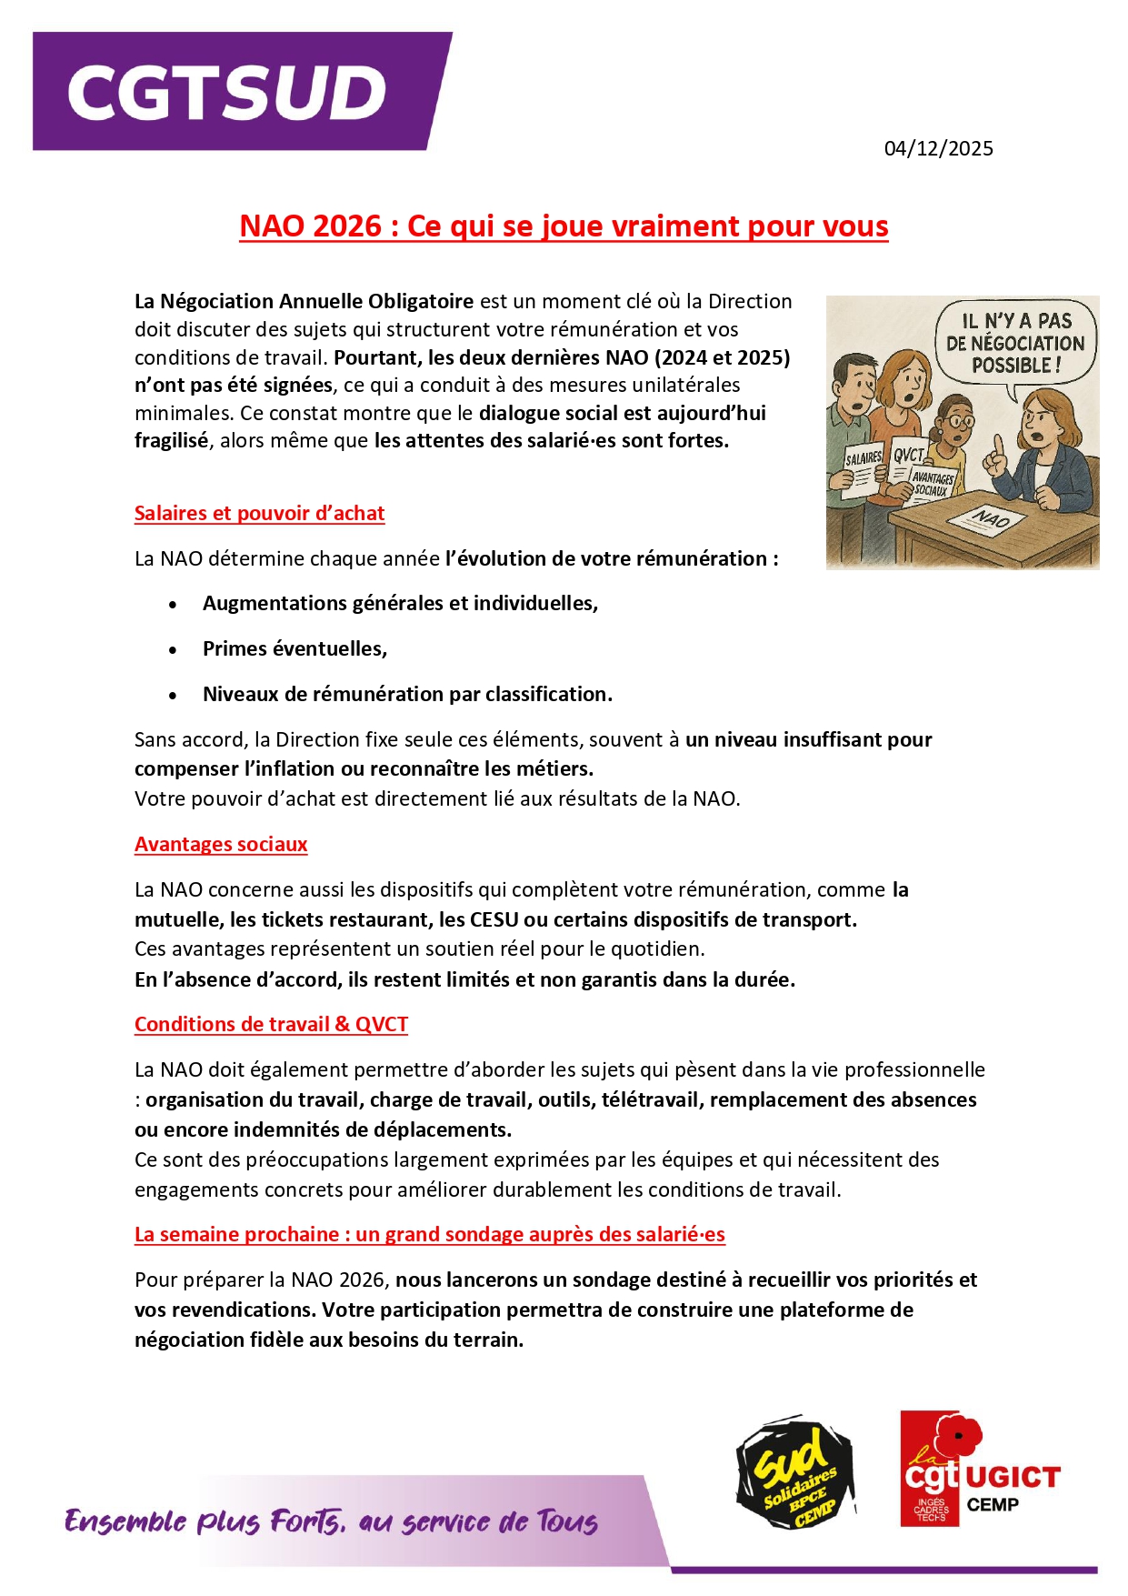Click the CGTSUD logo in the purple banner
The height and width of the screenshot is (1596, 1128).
[x=227, y=92]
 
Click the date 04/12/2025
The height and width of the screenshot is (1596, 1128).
[x=938, y=148]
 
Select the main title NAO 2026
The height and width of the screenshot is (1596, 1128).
[x=564, y=226]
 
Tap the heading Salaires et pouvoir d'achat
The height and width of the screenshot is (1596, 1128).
[x=259, y=513]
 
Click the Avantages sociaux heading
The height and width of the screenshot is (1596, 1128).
[x=221, y=844]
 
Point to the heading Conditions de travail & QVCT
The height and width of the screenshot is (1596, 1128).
[x=271, y=1024]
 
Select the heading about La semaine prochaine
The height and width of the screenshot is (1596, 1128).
[x=429, y=1234]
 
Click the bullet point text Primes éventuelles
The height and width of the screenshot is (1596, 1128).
[x=294, y=648]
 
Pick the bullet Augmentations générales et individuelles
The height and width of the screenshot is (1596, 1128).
[x=400, y=603]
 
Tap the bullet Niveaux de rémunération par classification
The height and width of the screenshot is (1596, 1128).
[x=407, y=694]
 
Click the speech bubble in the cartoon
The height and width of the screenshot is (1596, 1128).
[x=1015, y=344]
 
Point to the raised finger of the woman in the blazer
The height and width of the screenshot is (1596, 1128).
[x=997, y=446]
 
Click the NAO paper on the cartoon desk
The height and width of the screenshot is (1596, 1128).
[x=992, y=519]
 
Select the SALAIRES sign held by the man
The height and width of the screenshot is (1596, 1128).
[x=863, y=458]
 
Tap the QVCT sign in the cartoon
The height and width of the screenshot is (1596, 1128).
[x=908, y=455]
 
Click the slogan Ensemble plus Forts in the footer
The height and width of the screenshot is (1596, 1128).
[x=331, y=1521]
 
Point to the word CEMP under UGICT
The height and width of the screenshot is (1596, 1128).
[x=993, y=1504]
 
